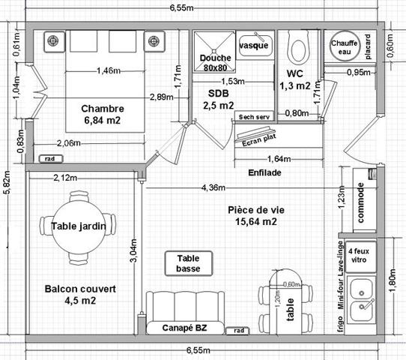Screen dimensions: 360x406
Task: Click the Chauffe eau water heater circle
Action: pos(344,46)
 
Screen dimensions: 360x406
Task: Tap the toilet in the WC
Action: pos(297,48)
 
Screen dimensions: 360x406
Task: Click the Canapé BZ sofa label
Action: pos(184,328)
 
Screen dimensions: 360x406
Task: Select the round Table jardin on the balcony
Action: pos(78,226)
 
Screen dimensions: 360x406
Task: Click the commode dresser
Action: pos(360,202)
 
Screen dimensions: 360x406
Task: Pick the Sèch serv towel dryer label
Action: pos(253,117)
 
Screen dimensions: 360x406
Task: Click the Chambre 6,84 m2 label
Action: pos(103,114)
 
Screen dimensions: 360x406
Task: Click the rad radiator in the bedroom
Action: pos(49,159)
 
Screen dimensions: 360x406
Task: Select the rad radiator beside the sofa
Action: pos(238,330)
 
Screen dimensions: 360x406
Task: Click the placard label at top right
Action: pos(367,47)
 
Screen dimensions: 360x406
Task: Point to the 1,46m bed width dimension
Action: pos(109,71)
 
